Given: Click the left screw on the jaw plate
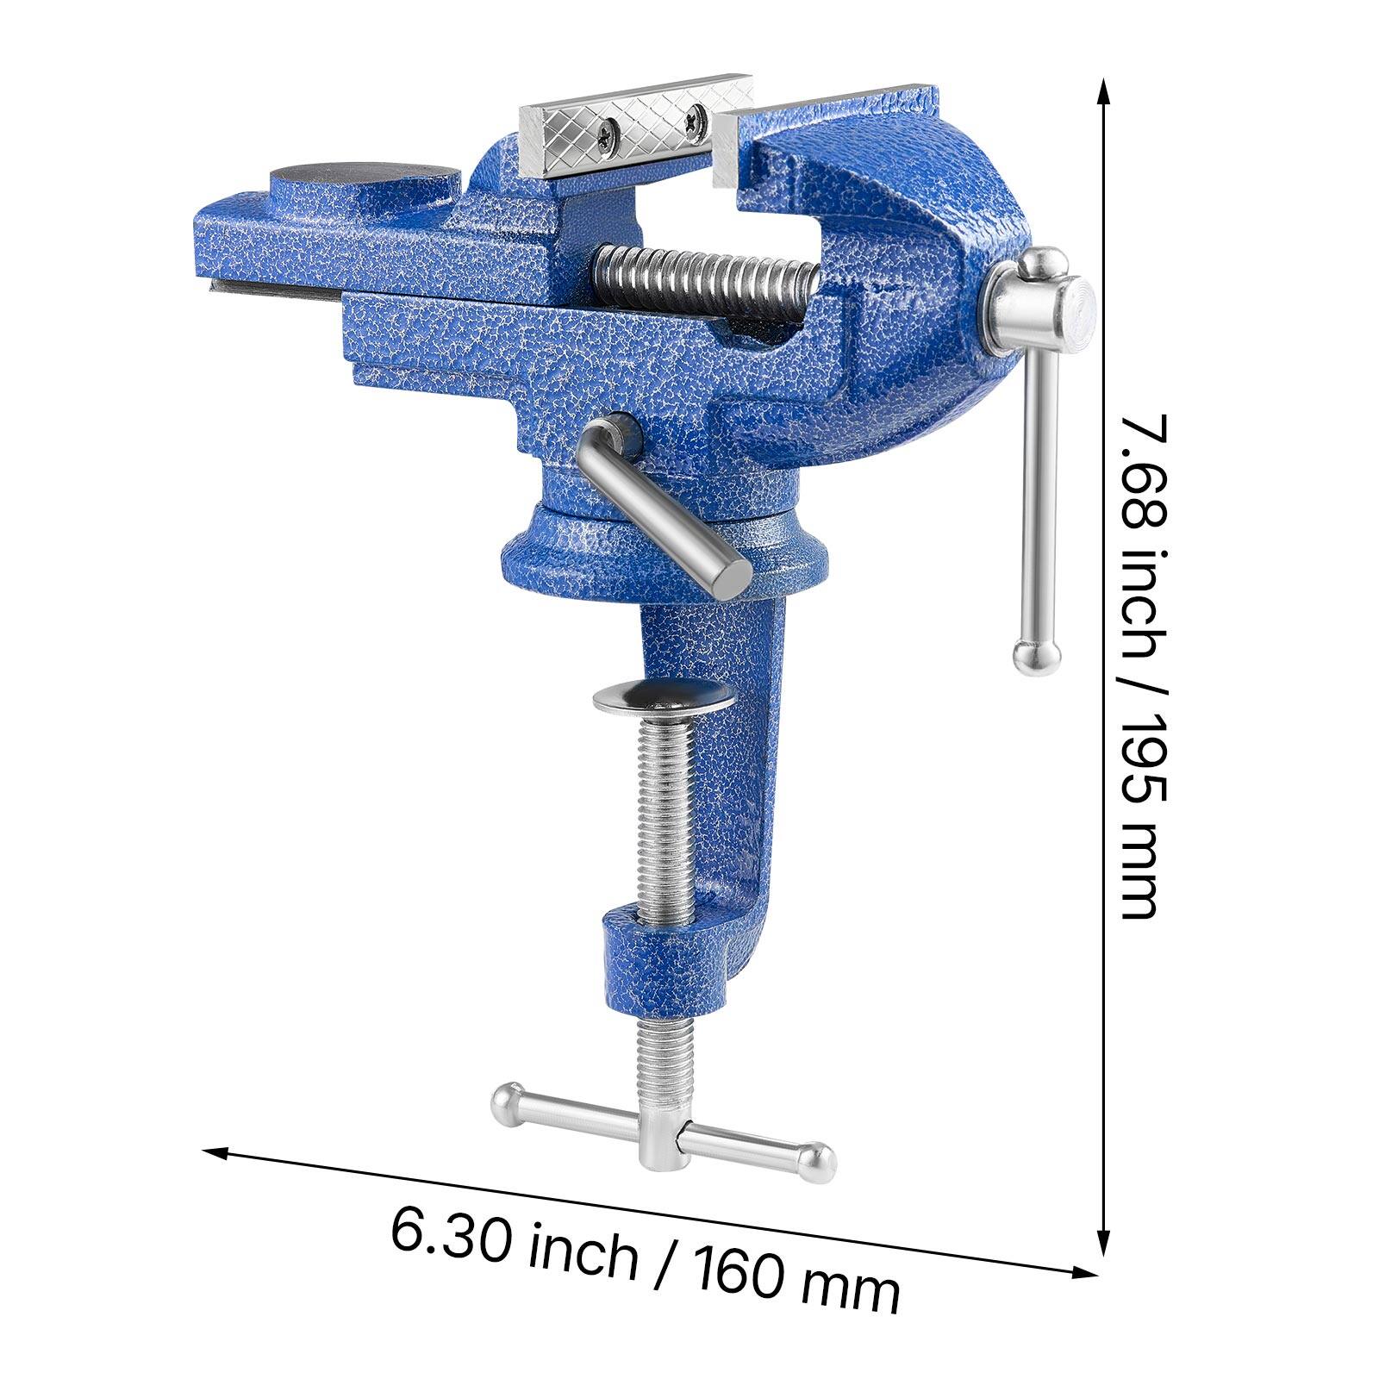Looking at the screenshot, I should click(x=610, y=131).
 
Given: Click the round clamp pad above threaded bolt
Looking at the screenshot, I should click(x=662, y=696).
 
